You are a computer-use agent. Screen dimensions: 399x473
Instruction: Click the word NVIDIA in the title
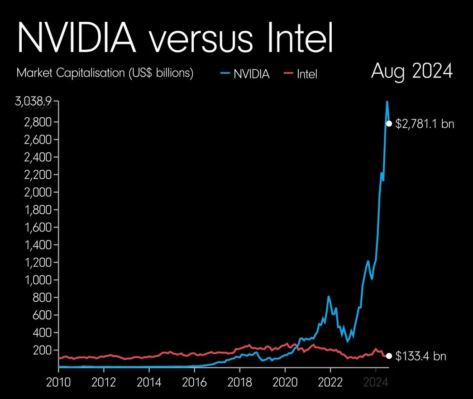pos(76,37)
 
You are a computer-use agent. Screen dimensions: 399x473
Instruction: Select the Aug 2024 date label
pos(411,72)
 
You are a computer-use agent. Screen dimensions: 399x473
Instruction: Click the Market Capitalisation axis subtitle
pos(105,73)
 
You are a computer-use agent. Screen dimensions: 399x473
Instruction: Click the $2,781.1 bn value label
pos(425,124)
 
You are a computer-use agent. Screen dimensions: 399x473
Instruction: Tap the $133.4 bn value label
pos(420,356)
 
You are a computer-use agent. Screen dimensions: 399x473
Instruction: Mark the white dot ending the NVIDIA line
pos(389,124)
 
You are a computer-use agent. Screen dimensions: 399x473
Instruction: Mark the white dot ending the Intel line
pos(389,356)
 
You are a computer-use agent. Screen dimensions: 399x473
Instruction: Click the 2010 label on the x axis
pos(59,382)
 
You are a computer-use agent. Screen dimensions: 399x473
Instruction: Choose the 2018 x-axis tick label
pos(240,382)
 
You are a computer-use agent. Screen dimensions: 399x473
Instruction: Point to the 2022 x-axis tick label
pos(330,382)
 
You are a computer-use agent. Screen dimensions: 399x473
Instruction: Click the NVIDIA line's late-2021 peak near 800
pos(329,297)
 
